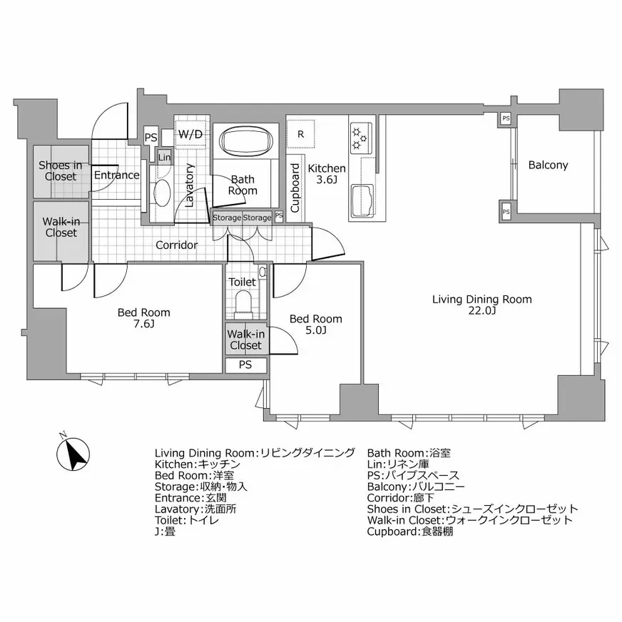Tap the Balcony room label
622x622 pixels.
(x=548, y=165)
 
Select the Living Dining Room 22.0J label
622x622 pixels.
(x=481, y=305)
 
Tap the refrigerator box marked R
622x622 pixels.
(x=301, y=133)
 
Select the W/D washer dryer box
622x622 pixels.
(x=190, y=134)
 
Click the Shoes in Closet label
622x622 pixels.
(x=60, y=170)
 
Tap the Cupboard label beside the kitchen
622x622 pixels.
(x=295, y=184)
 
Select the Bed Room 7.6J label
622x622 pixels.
(x=144, y=318)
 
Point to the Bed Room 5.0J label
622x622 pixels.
(x=315, y=324)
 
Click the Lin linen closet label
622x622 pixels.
(x=165, y=157)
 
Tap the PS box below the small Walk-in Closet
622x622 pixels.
(x=245, y=365)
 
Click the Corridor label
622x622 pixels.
(x=177, y=245)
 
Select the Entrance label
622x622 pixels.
(x=116, y=175)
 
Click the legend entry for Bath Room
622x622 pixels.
(x=409, y=453)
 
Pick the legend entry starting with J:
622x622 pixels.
(x=165, y=531)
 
